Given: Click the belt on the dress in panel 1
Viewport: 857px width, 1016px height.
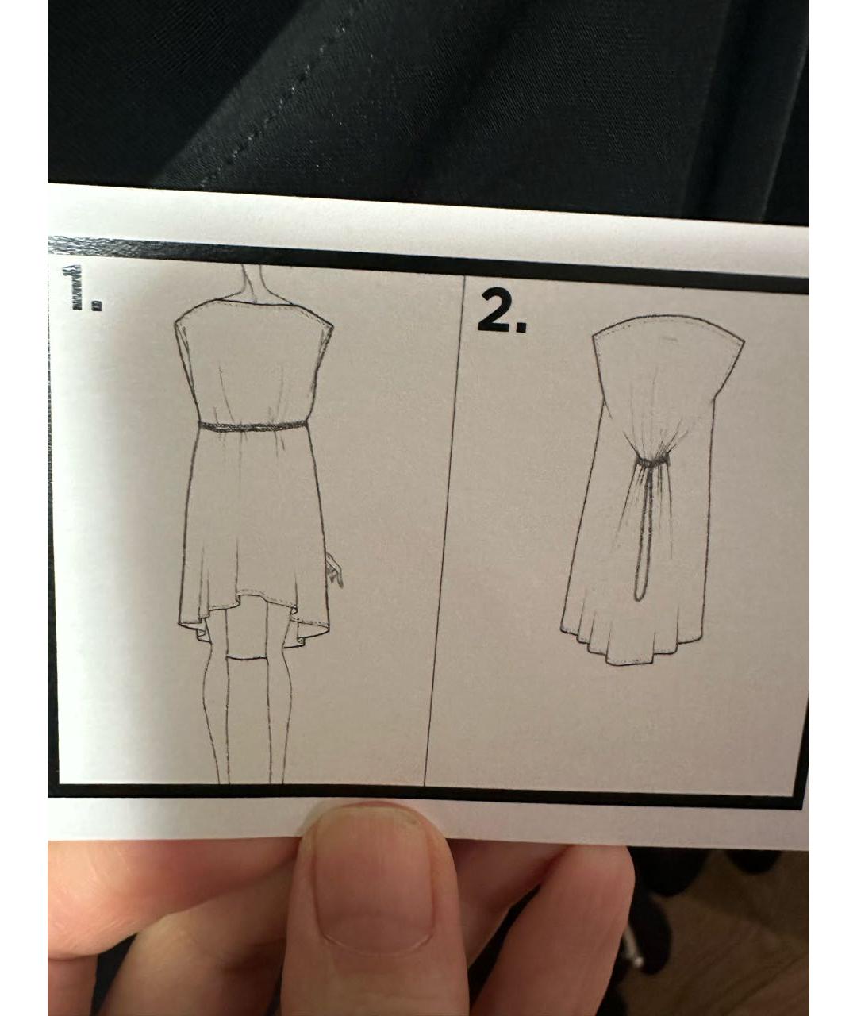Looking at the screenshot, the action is [x=253, y=426].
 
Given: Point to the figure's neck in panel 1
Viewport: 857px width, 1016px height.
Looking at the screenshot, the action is [x=254, y=283].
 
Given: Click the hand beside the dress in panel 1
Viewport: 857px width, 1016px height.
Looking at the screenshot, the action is [x=335, y=570].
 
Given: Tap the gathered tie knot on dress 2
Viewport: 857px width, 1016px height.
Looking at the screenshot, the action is [x=653, y=460].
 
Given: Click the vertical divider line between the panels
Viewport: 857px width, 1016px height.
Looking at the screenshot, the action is [x=444, y=531].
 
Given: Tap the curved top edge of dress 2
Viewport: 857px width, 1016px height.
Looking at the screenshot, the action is [x=668, y=324].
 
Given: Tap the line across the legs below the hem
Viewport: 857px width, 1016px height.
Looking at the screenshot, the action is [x=248, y=659].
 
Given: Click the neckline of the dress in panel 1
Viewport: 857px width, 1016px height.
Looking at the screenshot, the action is [x=253, y=303].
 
